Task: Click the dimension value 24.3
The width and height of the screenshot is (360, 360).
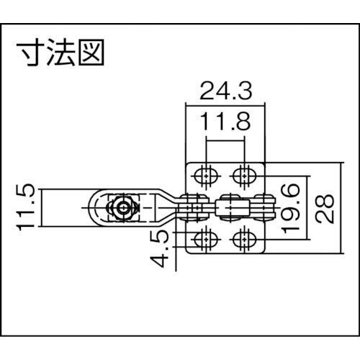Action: (226, 91)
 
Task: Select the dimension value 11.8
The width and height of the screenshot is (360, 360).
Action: (225, 122)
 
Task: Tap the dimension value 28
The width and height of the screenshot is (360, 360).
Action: (325, 209)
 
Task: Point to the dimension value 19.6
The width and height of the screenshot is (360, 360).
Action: (291, 209)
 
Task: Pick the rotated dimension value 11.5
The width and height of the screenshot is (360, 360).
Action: (26, 207)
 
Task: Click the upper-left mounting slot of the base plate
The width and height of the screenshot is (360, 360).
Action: (206, 176)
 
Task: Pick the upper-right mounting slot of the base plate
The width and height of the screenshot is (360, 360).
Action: (244, 176)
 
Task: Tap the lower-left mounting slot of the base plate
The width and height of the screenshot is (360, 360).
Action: (206, 239)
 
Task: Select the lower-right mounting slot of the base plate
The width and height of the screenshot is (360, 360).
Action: (244, 239)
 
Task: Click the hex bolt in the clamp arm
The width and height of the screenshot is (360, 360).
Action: (123, 208)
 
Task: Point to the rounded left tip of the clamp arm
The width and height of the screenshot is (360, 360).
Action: (89, 208)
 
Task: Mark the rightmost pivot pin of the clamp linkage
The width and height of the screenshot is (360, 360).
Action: (264, 208)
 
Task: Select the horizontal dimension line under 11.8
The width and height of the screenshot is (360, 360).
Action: (225, 141)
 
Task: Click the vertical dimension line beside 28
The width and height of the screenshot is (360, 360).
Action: (341, 208)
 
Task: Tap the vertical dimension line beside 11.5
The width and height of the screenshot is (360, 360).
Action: (42, 207)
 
